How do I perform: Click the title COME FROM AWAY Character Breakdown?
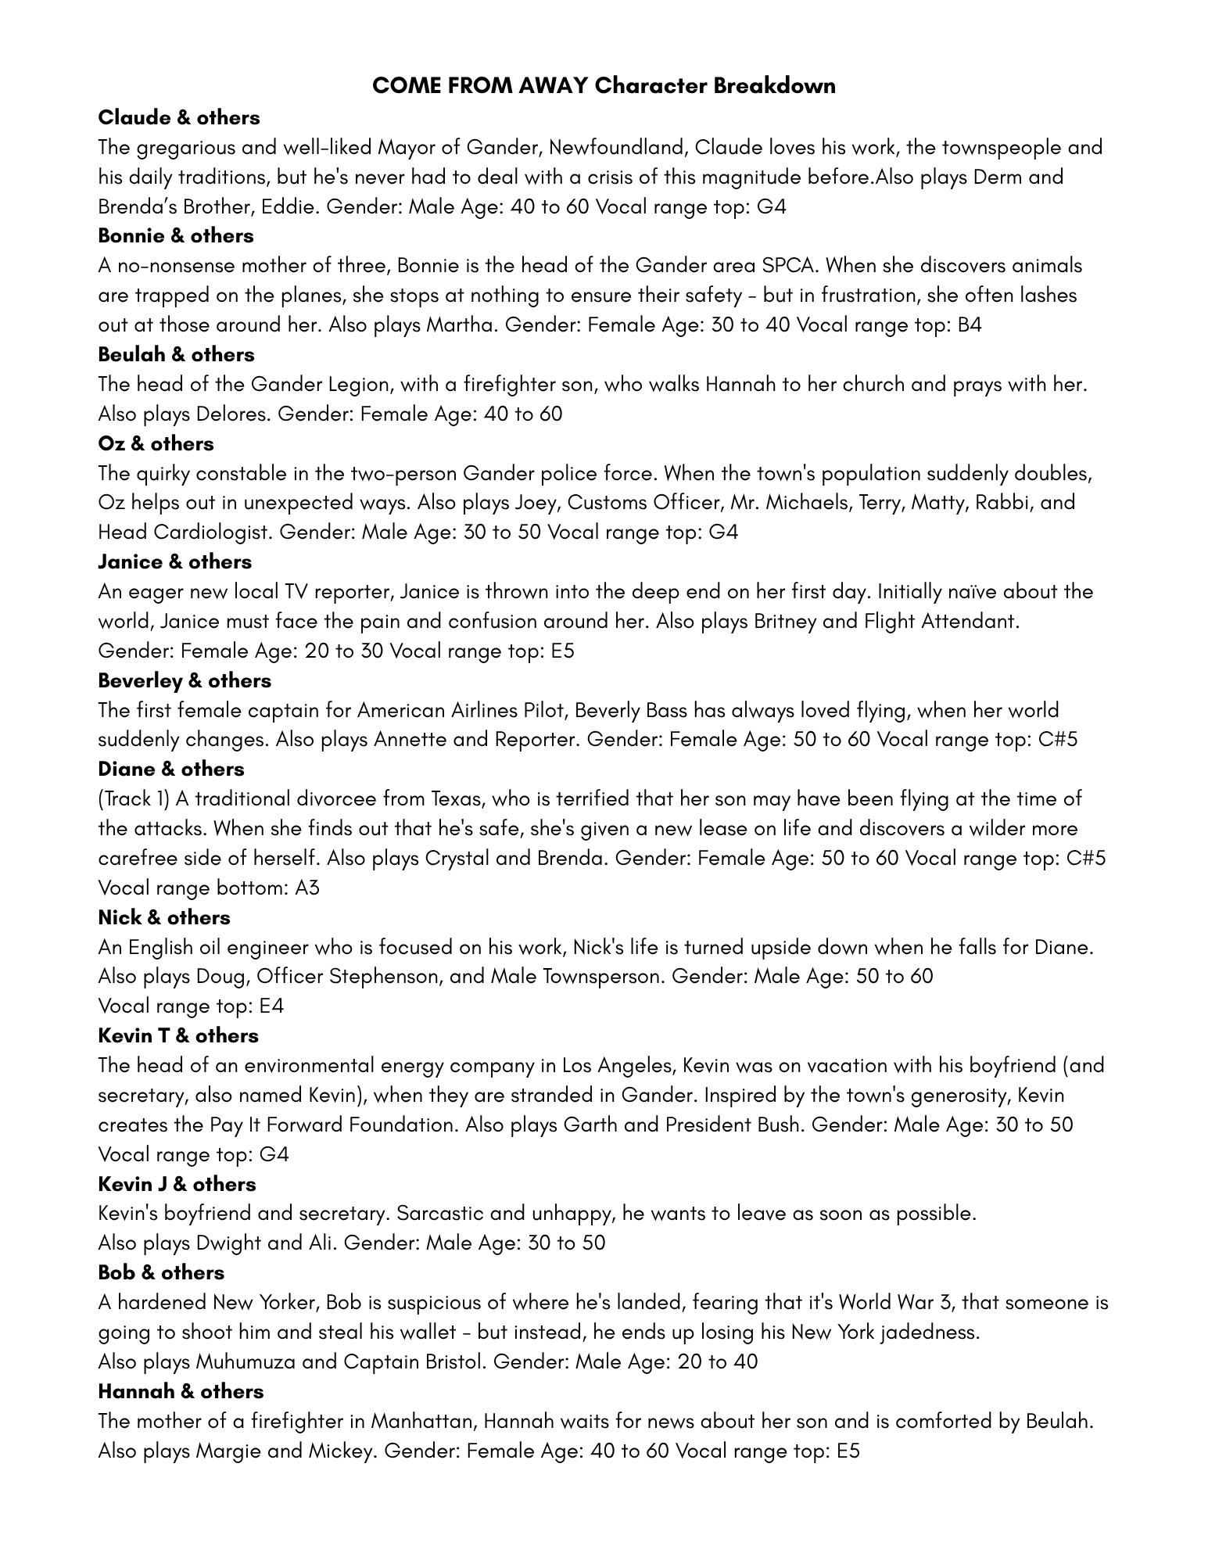(x=604, y=85)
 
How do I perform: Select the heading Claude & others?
(x=179, y=117)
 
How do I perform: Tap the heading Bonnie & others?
(x=176, y=235)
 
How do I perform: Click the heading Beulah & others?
(x=176, y=354)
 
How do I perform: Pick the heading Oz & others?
(x=156, y=443)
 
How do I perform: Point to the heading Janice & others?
(x=175, y=561)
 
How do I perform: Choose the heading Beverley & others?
(x=185, y=680)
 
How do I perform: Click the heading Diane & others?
(x=171, y=769)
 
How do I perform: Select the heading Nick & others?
(x=164, y=917)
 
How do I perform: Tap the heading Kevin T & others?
(x=178, y=1035)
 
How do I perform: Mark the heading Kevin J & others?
(x=177, y=1184)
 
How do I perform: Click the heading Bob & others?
(x=161, y=1272)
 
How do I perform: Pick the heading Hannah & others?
(x=181, y=1391)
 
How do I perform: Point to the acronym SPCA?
(x=790, y=265)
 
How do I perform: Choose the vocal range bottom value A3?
(x=307, y=888)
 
